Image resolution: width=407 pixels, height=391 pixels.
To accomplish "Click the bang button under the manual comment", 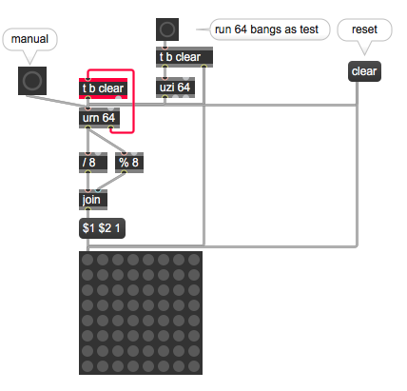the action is tap(32, 81).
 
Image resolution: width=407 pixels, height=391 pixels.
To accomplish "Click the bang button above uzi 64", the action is tap(167, 29).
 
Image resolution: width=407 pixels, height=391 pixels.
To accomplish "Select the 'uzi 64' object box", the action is tap(175, 88).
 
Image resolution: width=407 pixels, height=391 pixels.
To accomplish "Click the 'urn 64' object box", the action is tap(99, 118).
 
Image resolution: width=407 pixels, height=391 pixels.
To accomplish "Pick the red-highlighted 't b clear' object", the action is tap(103, 88).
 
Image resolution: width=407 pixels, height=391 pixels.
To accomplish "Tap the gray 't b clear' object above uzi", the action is tap(184, 57).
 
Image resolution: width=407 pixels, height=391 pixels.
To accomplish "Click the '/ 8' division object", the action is tap(93, 163).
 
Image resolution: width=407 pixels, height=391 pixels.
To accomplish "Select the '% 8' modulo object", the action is tap(129, 163).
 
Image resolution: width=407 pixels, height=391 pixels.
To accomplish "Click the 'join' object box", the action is tap(93, 200).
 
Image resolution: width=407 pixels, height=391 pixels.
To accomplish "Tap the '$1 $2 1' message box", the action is tap(102, 228).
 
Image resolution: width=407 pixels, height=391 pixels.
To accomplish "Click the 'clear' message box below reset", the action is tap(364, 71).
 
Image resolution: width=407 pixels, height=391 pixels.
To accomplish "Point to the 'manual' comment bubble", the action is tap(29, 39).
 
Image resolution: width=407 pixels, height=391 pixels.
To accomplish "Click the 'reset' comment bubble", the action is tap(364, 29).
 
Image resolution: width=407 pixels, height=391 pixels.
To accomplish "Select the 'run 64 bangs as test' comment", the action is tap(266, 29).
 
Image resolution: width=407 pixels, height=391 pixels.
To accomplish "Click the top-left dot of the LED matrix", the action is tap(87, 260).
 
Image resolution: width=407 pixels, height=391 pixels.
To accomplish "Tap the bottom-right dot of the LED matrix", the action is tap(194, 366).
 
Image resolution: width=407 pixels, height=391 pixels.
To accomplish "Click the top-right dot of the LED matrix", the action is tap(194, 260).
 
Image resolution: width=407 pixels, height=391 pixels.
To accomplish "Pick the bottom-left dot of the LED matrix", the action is tap(87, 366).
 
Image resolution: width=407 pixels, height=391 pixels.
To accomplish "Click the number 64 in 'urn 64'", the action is tap(108, 118).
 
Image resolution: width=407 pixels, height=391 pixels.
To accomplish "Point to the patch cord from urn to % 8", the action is tap(106, 141).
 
